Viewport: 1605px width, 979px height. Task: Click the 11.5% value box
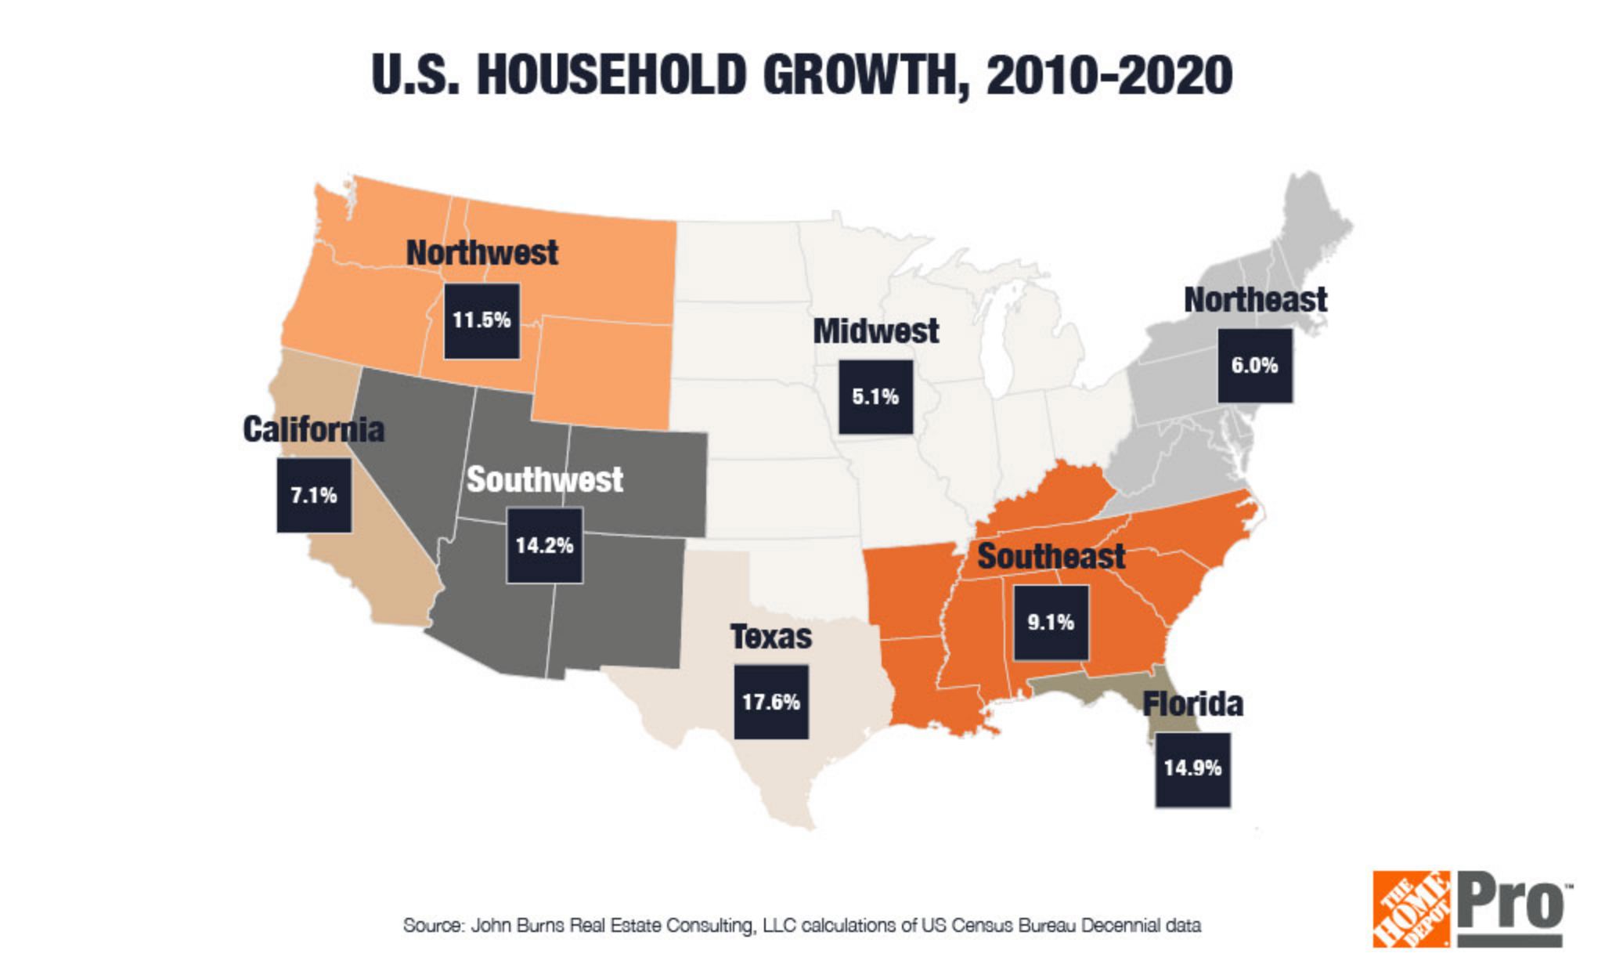(481, 320)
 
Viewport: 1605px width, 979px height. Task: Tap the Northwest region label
(481, 253)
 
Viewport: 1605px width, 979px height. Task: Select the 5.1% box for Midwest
(875, 396)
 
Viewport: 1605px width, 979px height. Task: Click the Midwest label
(875, 331)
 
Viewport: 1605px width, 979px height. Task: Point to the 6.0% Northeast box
(1254, 365)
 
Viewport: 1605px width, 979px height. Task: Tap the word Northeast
(1254, 300)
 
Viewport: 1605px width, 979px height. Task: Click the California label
(313, 429)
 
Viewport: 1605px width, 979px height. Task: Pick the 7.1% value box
(313, 495)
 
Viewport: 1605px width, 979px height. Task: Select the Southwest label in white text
(544, 479)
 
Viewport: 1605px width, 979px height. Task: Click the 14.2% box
(544, 544)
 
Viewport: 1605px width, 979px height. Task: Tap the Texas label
(771, 637)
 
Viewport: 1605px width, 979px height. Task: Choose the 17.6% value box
(771, 701)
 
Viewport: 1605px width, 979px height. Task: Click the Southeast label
(1051, 557)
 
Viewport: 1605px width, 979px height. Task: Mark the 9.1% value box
(1051, 622)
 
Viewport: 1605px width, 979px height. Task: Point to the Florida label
(1192, 704)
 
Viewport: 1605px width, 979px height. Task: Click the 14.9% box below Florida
(1192, 768)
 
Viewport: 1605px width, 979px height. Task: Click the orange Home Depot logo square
(1411, 909)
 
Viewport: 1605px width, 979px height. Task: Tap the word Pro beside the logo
(1511, 905)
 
